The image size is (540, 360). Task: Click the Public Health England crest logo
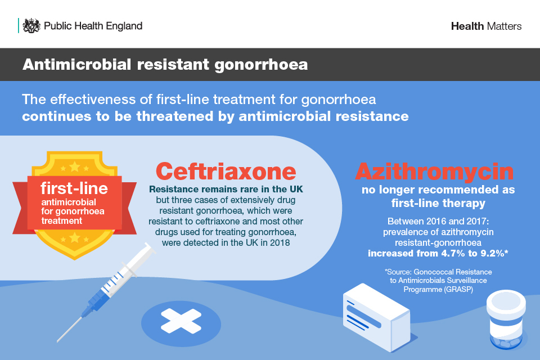31,25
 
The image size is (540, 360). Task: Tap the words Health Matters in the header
486,26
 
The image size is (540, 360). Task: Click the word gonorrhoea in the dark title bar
261,65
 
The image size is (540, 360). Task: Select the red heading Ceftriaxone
226,171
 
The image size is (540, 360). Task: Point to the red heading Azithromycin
435,171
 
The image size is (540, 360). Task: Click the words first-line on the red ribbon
74,188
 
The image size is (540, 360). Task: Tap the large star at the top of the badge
75,167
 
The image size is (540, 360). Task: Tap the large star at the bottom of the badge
75,237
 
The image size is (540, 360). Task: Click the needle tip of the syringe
58,341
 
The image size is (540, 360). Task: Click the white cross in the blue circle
181,321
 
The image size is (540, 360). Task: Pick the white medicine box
376,318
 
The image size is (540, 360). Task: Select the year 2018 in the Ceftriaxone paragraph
280,243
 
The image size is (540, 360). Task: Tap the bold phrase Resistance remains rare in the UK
226,189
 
